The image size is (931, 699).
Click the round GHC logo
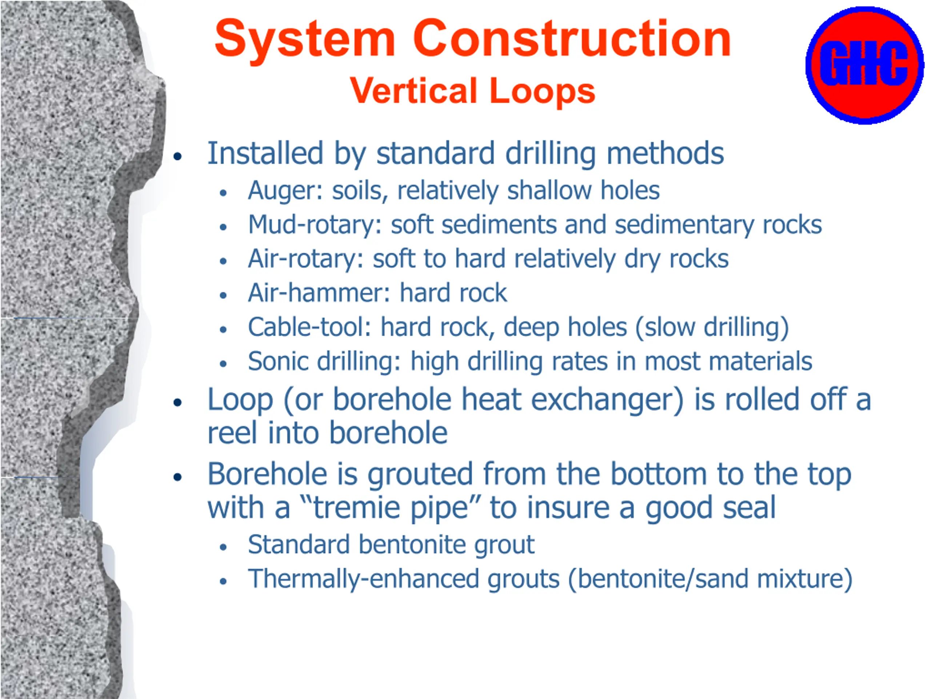(x=865, y=65)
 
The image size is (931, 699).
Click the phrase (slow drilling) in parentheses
(x=712, y=328)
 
